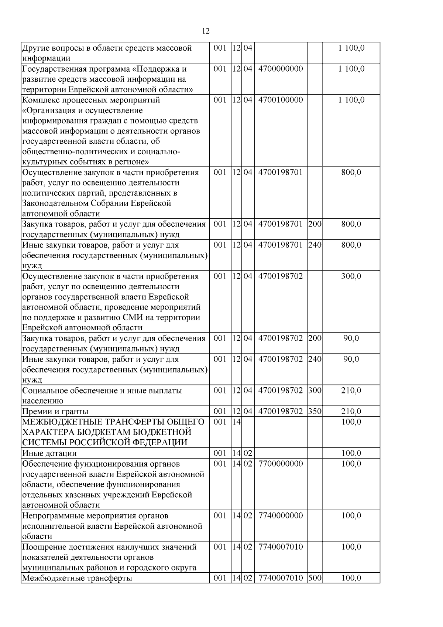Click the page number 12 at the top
(206, 31)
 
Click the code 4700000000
(281, 69)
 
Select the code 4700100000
(281, 100)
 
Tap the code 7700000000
(281, 464)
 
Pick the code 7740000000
(281, 515)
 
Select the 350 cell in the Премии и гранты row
(315, 411)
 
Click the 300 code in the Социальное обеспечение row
(315, 391)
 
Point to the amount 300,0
(351, 276)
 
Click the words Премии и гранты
(55, 412)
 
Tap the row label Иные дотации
(49, 453)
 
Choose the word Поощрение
(44, 547)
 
